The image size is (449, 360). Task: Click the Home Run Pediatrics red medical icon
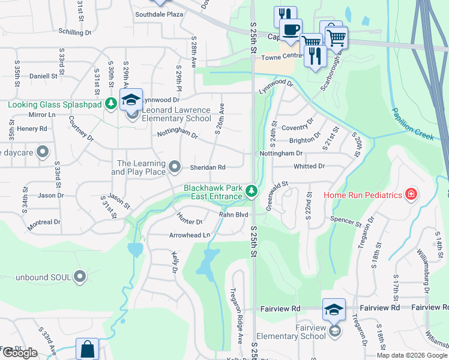[x=411, y=194]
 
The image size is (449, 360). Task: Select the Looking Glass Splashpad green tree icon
[x=110, y=104]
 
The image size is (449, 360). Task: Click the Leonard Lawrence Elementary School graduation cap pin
[x=131, y=101]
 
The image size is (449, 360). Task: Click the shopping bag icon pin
[x=88, y=349]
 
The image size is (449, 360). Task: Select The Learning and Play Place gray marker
[x=175, y=166]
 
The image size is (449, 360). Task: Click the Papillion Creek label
[x=413, y=124]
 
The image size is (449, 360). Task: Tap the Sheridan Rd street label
[x=208, y=167]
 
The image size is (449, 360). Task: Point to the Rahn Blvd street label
[x=234, y=214]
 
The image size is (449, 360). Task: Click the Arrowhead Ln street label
[x=190, y=235]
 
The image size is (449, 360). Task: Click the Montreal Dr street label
[x=44, y=222]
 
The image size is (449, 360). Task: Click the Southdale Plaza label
[x=159, y=14]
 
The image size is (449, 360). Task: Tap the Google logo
[x=20, y=353]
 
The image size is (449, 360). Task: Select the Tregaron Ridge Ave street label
[x=235, y=305]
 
